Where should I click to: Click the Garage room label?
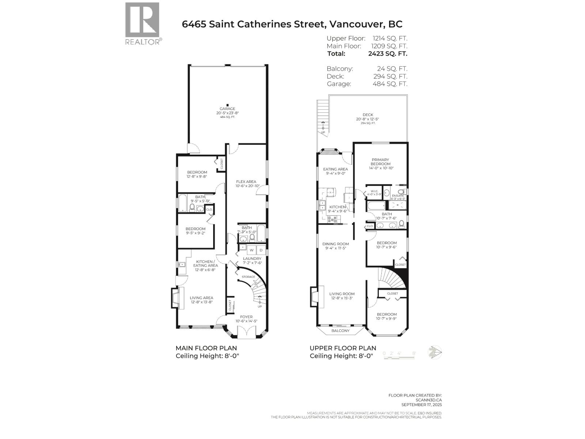click(x=227, y=109)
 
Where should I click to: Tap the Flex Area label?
click(x=246, y=181)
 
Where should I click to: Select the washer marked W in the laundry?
click(x=252, y=250)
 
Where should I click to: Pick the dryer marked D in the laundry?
click(x=261, y=250)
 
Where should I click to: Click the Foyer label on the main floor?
click(x=246, y=317)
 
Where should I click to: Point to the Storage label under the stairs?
click(x=248, y=277)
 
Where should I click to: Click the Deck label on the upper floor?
click(x=368, y=115)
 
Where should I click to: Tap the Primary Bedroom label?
click(x=380, y=162)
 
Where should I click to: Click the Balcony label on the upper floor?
click(x=340, y=331)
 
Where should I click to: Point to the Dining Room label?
click(x=335, y=244)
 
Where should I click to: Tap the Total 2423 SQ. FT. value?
click(x=388, y=53)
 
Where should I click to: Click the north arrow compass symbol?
click(x=434, y=352)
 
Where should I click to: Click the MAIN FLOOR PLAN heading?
click(x=206, y=348)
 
